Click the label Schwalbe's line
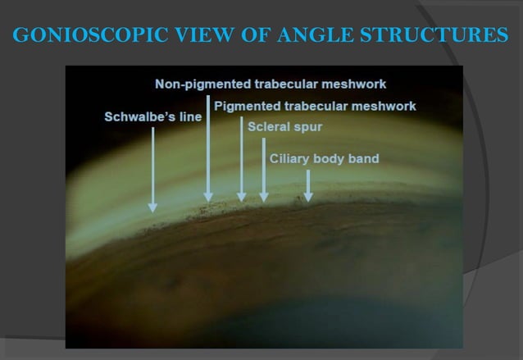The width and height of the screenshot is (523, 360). (152, 117)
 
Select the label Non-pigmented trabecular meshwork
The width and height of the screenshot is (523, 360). (271, 84)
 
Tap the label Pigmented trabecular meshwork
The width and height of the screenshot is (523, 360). (315, 107)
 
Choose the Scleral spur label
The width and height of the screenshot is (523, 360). (284, 128)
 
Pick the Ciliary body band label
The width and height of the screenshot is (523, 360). (325, 158)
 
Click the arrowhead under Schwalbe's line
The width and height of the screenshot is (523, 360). (152, 207)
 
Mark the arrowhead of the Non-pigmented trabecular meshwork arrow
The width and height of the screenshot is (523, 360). (208, 197)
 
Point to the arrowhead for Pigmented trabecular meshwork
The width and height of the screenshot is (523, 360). (241, 197)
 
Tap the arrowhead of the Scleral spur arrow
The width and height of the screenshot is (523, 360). (263, 197)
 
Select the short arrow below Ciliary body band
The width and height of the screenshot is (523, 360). (308, 186)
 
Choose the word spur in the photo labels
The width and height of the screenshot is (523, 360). (307, 128)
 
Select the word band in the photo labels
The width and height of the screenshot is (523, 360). (363, 158)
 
